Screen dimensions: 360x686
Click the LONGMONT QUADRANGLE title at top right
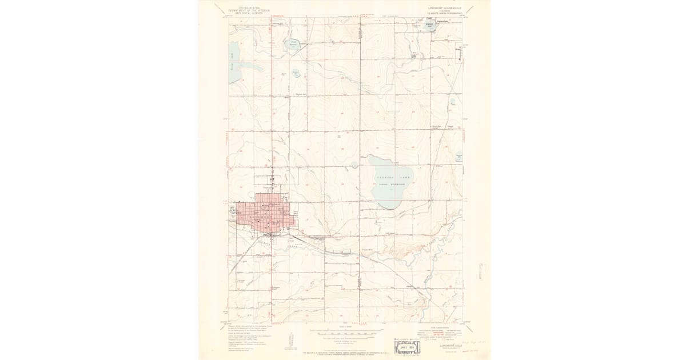point(444,8)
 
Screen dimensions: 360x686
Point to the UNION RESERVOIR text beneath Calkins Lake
point(393,185)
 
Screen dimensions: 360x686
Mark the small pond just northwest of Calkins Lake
point(354,165)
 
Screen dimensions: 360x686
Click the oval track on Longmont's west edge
point(234,210)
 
